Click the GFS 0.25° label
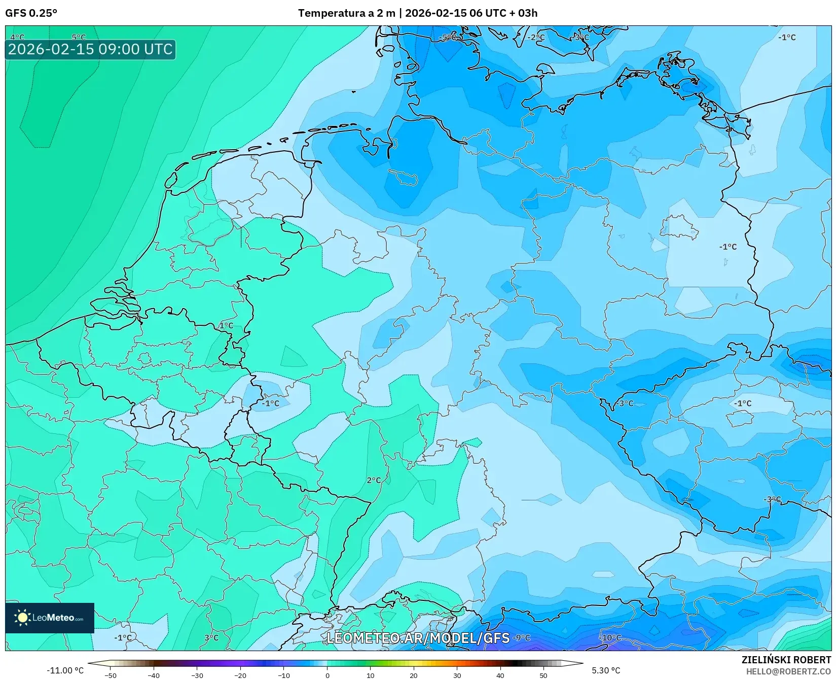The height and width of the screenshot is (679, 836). (31, 13)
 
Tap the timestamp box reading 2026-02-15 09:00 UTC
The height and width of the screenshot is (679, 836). (90, 49)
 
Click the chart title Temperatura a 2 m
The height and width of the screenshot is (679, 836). (346, 13)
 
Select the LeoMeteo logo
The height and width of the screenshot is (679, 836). (50, 618)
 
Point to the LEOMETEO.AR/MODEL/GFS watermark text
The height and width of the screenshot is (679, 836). (418, 638)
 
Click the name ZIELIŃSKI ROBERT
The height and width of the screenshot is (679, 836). (786, 660)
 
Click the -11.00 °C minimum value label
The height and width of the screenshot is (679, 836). (65, 670)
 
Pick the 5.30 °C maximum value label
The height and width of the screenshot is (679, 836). (606, 670)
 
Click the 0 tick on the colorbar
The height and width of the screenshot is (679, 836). (327, 675)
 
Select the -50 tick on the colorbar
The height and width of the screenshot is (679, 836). (110, 675)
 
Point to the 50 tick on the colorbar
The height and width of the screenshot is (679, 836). (543, 675)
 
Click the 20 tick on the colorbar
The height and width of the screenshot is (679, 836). (414, 675)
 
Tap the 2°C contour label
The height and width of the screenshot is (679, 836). (374, 480)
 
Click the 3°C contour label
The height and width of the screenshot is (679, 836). (211, 638)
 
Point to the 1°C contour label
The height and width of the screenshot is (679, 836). (226, 325)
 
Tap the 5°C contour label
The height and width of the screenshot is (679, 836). (79, 37)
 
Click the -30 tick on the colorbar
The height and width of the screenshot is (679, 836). (197, 675)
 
